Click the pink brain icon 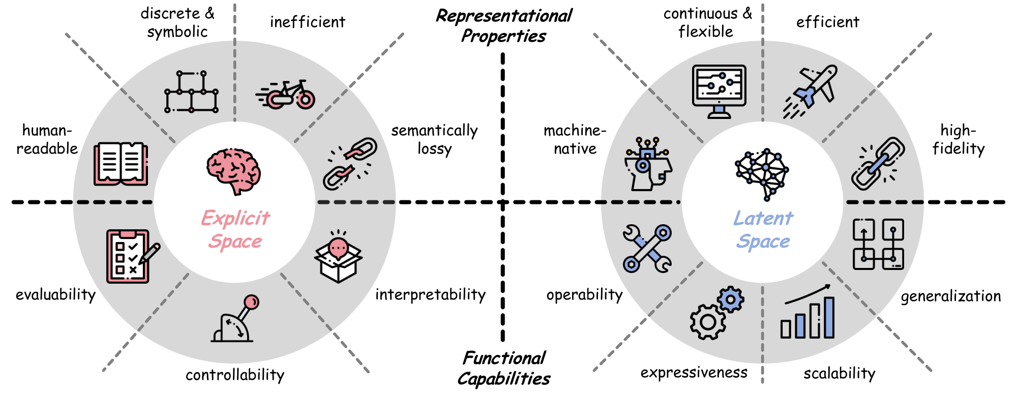click(233, 171)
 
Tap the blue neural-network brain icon click(762, 173)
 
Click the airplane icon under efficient click(811, 92)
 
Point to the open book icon click(121, 164)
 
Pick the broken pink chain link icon click(350, 163)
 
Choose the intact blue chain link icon click(878, 163)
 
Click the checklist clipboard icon click(130, 256)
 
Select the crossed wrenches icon click(647, 249)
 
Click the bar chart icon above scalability click(807, 313)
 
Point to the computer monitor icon click(719, 91)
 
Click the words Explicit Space click(235, 229)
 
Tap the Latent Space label click(763, 229)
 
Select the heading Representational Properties click(503, 25)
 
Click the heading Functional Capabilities click(503, 368)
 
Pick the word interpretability click(430, 294)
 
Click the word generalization click(950, 296)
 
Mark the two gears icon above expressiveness click(716, 312)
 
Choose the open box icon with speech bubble click(338, 256)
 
